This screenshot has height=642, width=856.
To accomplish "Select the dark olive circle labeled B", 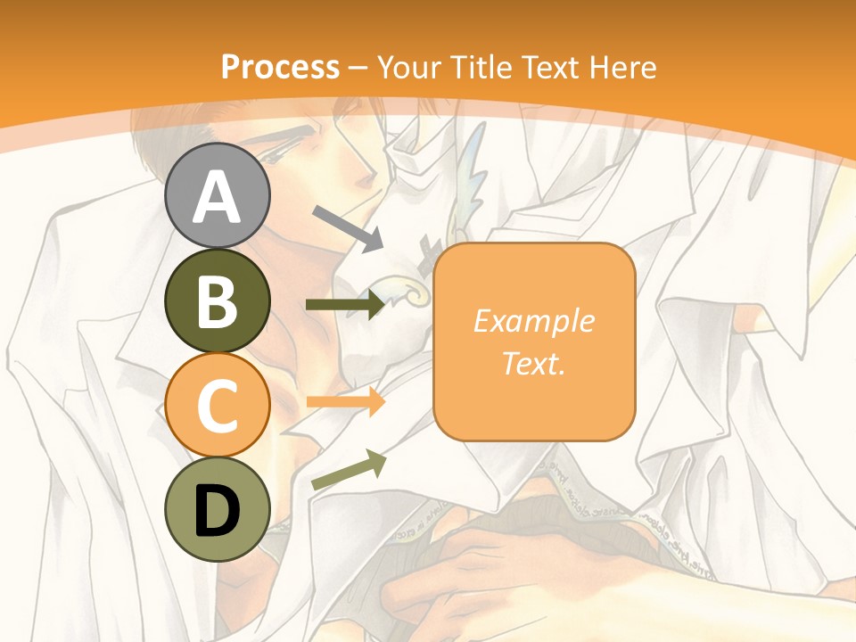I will (217, 300).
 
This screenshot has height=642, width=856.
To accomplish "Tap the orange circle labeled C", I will (217, 405).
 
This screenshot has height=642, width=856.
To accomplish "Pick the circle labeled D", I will (217, 509).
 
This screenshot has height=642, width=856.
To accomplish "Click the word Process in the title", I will (280, 67).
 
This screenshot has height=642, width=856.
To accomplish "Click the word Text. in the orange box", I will (534, 363).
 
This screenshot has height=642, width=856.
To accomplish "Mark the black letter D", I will (217, 511).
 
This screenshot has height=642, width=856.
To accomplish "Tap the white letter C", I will (217, 406).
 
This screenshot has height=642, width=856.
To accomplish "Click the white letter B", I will (217, 301).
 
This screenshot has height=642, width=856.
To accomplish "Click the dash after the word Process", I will (358, 69).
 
